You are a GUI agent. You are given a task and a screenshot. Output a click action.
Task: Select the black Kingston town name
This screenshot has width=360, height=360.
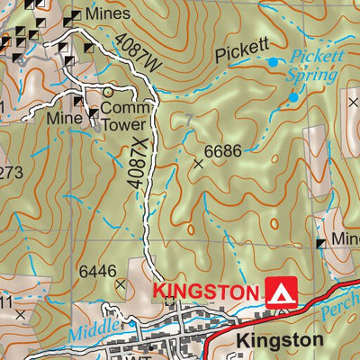point(280,340)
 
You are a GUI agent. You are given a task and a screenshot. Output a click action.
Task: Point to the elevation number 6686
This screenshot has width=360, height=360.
point(222,151)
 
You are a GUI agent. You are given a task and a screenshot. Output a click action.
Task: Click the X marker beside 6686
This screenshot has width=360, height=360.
point(199,164)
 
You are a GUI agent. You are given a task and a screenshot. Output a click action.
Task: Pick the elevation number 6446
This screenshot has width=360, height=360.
point(98,270)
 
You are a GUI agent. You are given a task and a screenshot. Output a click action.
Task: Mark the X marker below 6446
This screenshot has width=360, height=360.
point(121,284)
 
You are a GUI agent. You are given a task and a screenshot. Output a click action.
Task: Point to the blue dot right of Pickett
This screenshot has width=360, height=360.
point(274,61)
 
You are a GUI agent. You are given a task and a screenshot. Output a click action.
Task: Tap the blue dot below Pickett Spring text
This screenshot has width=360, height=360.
point(293,96)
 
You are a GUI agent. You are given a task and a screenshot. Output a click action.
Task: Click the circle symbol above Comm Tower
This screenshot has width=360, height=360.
point(109,91)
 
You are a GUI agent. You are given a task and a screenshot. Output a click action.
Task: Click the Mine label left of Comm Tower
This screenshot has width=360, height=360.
point(64,117)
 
